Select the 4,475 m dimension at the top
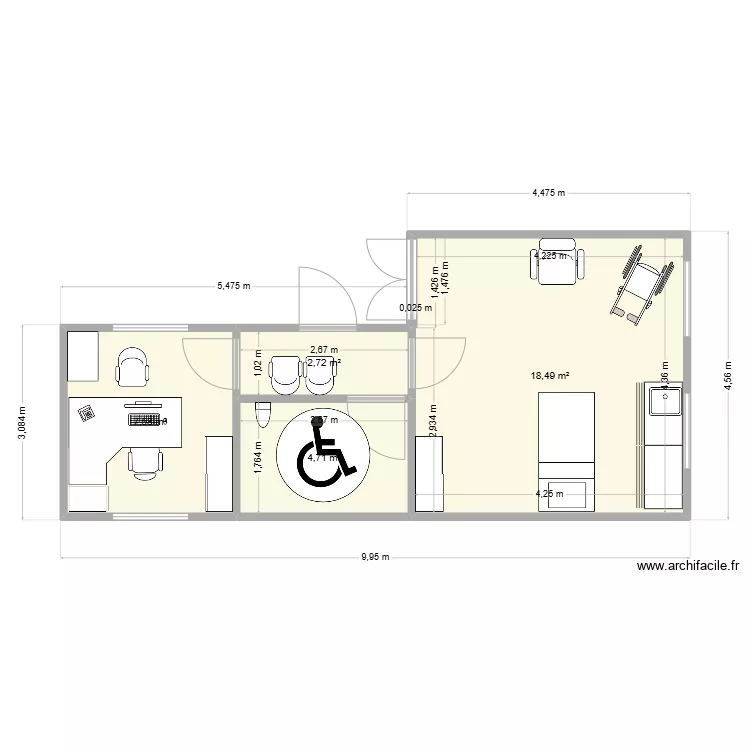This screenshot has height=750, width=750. tap(548, 192)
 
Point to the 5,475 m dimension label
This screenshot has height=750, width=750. tap(233, 287)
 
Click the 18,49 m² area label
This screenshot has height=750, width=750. tap(551, 376)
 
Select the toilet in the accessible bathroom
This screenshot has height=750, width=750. tap(263, 414)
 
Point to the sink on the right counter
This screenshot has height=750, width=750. tap(665, 402)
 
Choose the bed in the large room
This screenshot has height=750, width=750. tap(567, 450)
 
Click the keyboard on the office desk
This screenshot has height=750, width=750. tap(145, 420)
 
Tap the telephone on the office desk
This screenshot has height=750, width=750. tap(87, 411)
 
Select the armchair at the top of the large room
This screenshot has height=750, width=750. tap(557, 260)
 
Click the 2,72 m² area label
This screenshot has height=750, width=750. tap(324, 363)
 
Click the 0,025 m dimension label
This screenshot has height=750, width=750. tap(416, 308)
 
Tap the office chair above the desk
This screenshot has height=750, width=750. tap(132, 366)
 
